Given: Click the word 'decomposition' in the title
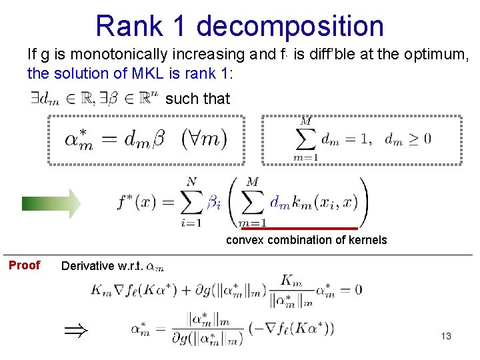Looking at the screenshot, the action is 290,26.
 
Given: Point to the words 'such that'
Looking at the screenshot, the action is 197,99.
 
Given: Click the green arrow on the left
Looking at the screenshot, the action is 51,203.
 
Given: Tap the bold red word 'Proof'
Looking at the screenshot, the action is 25,265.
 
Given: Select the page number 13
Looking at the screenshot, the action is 446,336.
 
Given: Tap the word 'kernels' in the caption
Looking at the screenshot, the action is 368,240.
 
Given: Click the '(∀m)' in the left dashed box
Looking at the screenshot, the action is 204,139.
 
